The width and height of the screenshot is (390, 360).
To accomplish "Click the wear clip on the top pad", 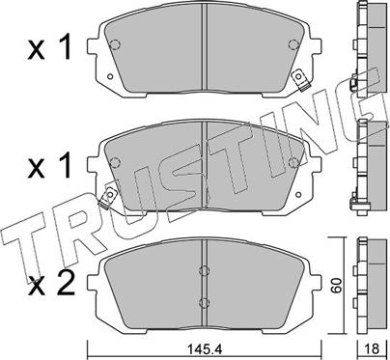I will [x=301, y=76].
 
